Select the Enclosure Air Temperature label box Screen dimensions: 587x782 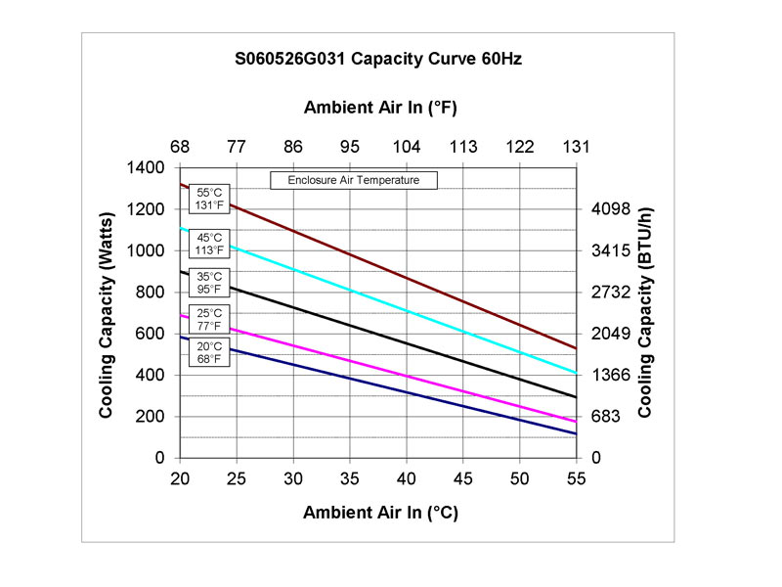tap(353, 180)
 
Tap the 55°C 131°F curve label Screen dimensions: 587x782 tap(210, 199)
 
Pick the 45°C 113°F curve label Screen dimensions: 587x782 tap(210, 243)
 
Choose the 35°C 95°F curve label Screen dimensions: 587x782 tap(210, 282)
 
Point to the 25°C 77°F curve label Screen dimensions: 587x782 tap(210, 319)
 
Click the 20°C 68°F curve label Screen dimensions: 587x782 tap(210, 352)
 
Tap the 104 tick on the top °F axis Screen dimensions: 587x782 tap(406, 147)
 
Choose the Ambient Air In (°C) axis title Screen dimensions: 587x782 tap(380, 512)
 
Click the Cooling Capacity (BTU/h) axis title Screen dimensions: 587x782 tap(646, 313)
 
